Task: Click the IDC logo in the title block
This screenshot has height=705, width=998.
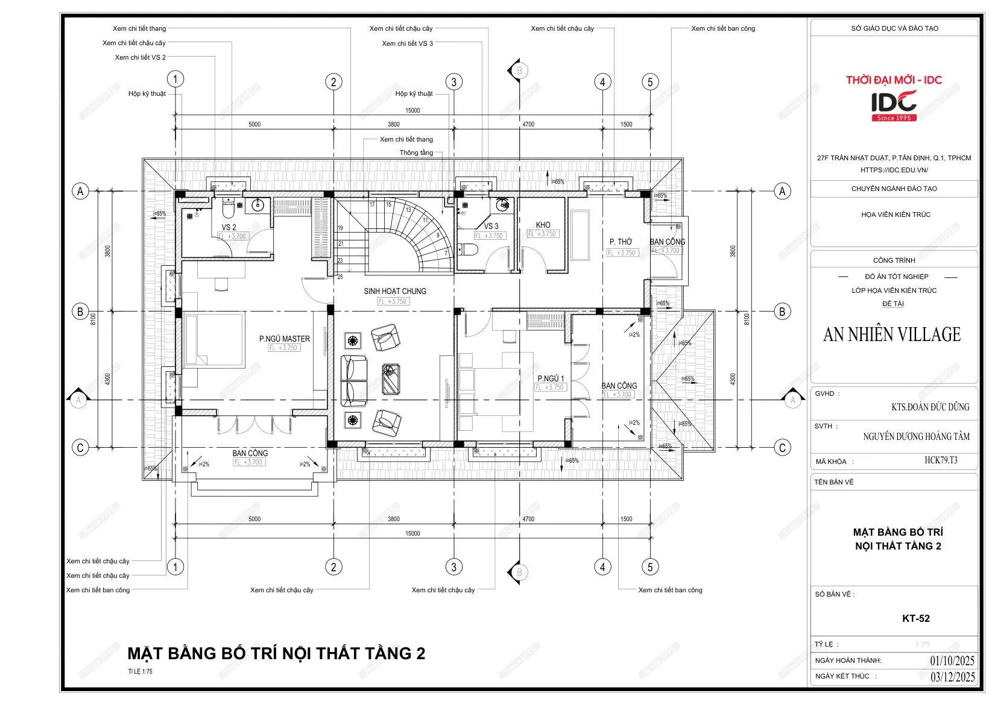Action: [894, 105]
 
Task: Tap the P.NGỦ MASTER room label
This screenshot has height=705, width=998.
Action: [285, 339]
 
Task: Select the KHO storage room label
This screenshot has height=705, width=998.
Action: [543, 225]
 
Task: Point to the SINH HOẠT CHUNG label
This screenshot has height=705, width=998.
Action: [395, 291]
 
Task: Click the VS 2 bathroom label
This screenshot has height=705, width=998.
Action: [229, 227]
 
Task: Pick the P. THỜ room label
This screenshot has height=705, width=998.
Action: [621, 242]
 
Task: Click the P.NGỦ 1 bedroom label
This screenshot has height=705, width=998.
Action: [551, 378]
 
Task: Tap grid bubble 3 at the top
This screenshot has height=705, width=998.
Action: [453, 82]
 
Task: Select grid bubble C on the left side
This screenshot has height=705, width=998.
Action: [80, 448]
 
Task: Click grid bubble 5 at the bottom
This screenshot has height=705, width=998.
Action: [649, 567]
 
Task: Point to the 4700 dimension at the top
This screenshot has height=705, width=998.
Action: [528, 124]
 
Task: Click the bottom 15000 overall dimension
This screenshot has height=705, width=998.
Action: [412, 533]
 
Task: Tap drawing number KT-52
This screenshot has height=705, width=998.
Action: [915, 618]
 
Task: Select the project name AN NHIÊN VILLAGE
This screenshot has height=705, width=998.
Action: [891, 334]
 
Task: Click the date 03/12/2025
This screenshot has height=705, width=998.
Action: [952, 677]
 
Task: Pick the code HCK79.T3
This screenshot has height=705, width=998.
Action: [941, 460]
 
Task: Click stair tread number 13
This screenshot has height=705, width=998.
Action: [408, 210]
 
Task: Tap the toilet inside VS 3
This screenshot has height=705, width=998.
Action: [469, 249]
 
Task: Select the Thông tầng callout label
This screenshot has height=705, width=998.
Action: [416, 152]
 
